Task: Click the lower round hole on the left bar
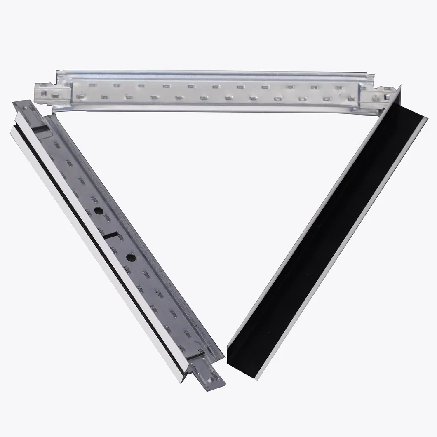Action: point(130,257)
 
